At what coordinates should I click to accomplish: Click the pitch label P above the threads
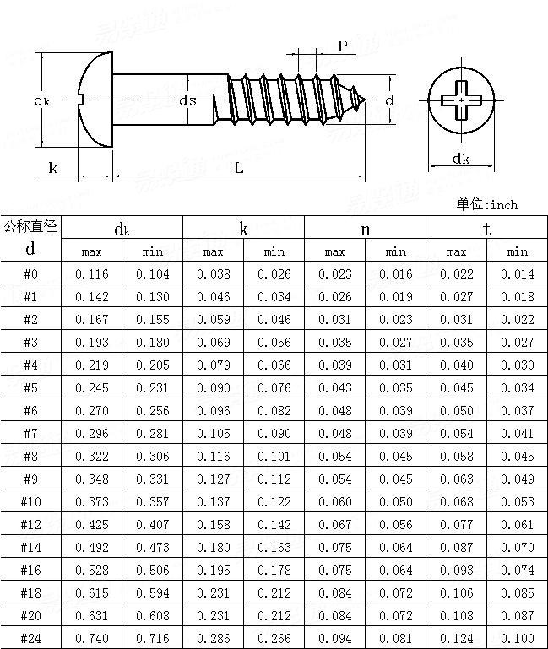343,46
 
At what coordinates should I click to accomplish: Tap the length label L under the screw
239,168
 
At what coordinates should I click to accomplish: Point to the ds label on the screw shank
187,100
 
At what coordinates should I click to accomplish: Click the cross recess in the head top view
461,100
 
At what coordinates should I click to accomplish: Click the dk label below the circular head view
460,159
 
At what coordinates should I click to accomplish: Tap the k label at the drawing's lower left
52,168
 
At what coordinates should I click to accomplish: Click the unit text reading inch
503,204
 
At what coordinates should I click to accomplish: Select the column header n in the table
365,229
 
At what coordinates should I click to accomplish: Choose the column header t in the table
486,229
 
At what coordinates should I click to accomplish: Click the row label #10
30,501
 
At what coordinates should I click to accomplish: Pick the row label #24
30,638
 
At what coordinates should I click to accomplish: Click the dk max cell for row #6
92,410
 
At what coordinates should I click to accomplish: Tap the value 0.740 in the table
92,638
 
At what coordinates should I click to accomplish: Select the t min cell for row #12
517,524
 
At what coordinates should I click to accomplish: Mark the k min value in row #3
274,342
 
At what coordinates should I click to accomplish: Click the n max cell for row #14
334,547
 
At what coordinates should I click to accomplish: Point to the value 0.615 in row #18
92,592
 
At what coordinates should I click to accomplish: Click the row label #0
30,273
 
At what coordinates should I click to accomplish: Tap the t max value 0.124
456,638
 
